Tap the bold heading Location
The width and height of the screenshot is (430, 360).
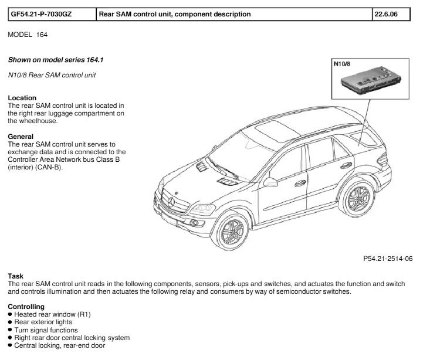pyautogui.click(x=22, y=98)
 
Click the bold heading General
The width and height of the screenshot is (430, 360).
pyautogui.click(x=21, y=137)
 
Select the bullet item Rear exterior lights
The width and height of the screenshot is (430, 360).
pyautogui.click(x=43, y=322)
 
